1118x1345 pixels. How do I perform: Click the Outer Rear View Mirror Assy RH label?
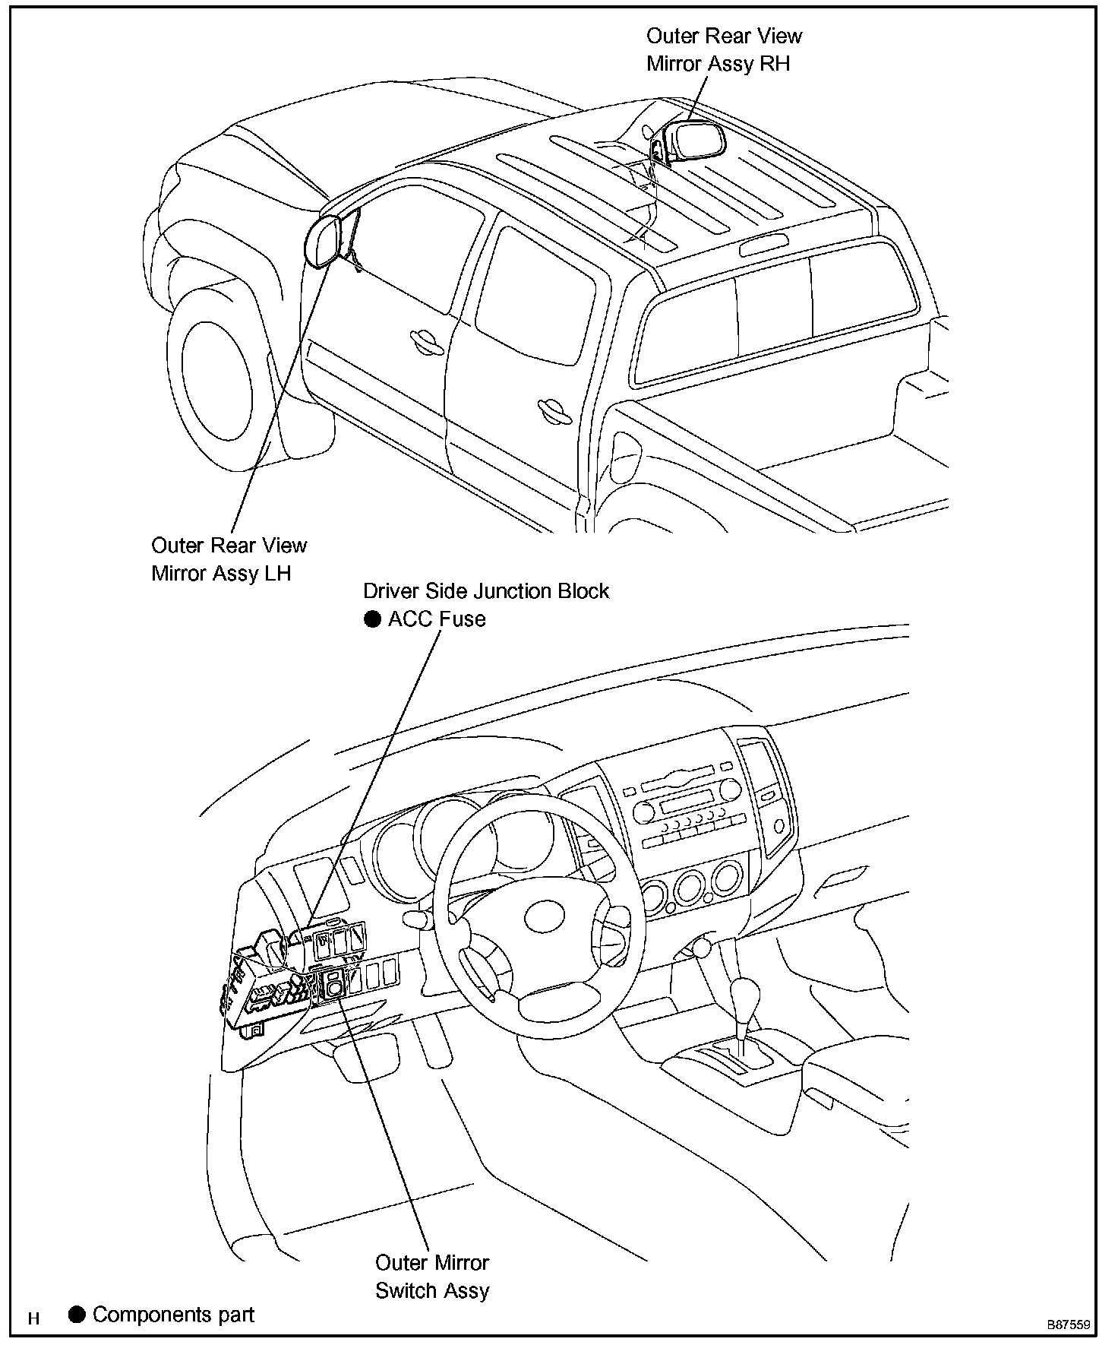[724, 49]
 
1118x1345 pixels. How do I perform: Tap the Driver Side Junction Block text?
[486, 590]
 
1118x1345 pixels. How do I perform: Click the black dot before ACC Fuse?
[372, 619]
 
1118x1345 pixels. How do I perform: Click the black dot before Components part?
[77, 1314]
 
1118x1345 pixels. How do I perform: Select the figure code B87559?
[1069, 1324]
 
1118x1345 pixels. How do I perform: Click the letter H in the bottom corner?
[33, 1318]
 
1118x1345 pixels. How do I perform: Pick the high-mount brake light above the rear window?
[761, 245]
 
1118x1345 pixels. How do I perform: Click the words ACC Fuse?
[437, 619]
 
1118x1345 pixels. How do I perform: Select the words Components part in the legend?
[173, 1315]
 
